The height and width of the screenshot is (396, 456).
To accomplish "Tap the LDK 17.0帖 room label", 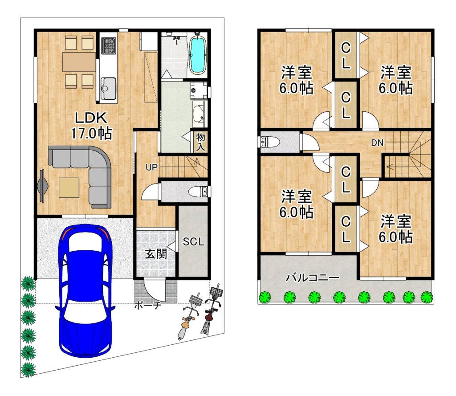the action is pos(91,126).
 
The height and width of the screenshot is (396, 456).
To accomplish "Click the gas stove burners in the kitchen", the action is pos(109,46).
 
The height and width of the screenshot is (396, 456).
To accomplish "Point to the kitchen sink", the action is pos(108,89).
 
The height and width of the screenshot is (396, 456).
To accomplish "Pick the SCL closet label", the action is pos(194,241).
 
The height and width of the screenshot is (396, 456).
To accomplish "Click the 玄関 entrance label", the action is pos(156,254).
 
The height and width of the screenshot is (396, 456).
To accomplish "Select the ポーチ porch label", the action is pos(147,306).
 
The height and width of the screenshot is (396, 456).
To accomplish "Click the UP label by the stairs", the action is pos(151,167).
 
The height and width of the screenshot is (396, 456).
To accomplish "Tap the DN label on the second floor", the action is pos(377,143).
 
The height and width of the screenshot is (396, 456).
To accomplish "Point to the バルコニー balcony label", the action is pos(313,278).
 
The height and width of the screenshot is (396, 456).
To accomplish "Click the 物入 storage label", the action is pos(200,142).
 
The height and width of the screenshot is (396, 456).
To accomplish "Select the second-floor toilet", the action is pos(269,142).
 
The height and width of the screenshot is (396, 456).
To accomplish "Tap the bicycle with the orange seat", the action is pos(188,317).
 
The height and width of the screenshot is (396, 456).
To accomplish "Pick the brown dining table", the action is pos(79,61).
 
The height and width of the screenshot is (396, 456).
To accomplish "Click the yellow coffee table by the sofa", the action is pos(69,188).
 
